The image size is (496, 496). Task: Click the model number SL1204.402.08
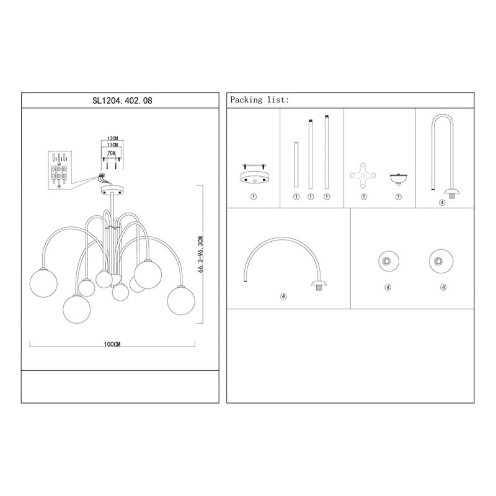click(x=122, y=100)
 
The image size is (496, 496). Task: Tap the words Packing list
click(x=259, y=100)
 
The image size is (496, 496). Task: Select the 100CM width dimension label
click(x=112, y=344)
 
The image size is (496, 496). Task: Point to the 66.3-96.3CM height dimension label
click(x=200, y=254)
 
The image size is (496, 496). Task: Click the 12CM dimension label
click(x=112, y=138)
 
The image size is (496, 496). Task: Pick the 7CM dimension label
click(x=112, y=153)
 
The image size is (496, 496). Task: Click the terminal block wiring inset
click(x=61, y=170)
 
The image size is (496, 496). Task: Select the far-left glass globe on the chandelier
click(x=43, y=283)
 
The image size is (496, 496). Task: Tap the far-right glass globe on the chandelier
click(x=181, y=301)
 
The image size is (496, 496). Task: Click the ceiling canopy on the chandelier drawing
click(x=112, y=190)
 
